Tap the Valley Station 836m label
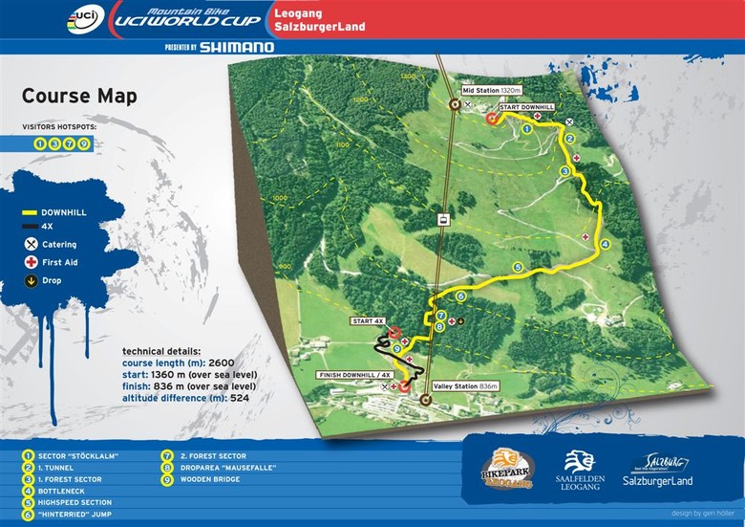point(466,386)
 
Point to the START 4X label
point(369,320)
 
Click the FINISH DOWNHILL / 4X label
point(353,375)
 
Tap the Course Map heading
point(79,97)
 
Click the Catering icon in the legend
point(32,245)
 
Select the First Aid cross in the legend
point(32,262)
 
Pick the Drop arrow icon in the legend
point(32,280)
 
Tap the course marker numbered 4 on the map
point(604,245)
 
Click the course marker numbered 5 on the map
point(518,268)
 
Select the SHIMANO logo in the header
point(236,47)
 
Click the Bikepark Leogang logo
point(507,468)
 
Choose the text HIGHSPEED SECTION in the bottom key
point(76,502)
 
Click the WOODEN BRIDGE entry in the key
point(207,479)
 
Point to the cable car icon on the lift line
point(443,220)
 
